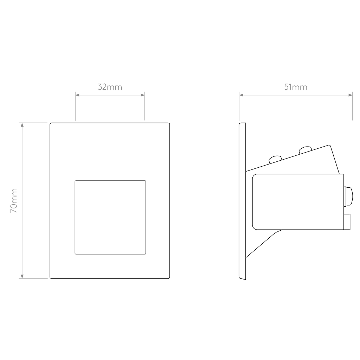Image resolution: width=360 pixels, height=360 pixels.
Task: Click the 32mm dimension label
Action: [110, 87]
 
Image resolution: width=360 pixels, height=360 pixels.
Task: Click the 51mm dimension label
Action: [296, 87]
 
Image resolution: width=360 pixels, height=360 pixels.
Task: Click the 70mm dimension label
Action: [14, 201]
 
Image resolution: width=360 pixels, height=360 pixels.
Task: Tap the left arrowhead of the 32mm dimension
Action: [77, 95]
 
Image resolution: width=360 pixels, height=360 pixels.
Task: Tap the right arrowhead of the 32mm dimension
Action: [143, 95]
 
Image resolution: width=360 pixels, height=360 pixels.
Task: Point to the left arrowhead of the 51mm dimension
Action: [241, 95]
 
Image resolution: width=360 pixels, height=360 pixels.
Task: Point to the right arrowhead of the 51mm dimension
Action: [351, 95]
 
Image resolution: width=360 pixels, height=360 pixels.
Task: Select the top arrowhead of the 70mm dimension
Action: [22, 125]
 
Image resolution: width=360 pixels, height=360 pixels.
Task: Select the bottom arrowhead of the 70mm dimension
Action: [22, 276]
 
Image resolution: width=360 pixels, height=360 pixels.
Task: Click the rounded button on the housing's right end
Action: [349, 197]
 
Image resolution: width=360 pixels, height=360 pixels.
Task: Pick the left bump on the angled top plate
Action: [275, 159]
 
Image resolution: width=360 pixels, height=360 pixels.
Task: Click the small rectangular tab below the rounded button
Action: [347, 222]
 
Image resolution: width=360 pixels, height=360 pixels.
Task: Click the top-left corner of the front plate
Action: [50, 123]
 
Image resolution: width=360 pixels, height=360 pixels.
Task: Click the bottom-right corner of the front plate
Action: [169, 278]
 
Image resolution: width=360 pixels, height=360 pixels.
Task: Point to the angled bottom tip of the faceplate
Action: [245, 279]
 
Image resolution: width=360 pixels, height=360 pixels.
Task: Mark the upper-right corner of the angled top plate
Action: [329, 145]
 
